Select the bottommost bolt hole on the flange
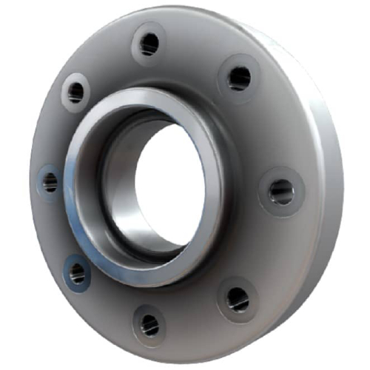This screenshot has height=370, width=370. click(149, 323)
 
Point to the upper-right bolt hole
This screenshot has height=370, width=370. click(239, 77)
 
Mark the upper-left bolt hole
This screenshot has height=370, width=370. click(75, 92)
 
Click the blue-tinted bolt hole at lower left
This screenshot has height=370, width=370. click(78, 273)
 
